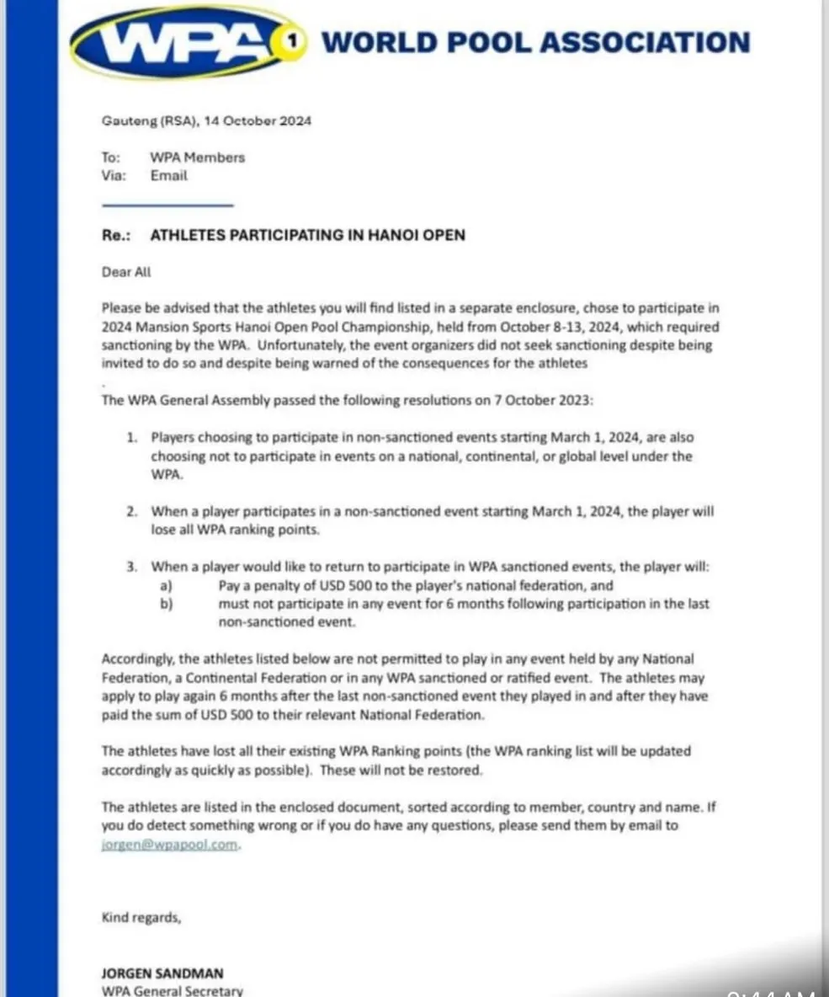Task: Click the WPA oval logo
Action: [181, 42]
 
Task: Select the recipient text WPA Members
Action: [198, 157]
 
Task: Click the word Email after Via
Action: [168, 176]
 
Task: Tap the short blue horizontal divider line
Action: [167, 205]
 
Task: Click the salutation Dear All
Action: [126, 272]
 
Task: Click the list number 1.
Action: [131, 438]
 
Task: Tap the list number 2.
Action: [131, 511]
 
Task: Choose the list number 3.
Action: [131, 568]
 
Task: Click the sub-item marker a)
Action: [166, 585]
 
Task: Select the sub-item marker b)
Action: [166, 604]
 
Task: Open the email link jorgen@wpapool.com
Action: [171, 845]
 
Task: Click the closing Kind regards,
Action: [141, 917]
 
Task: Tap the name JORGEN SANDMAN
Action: [162, 973]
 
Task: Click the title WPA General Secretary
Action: [173, 990]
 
